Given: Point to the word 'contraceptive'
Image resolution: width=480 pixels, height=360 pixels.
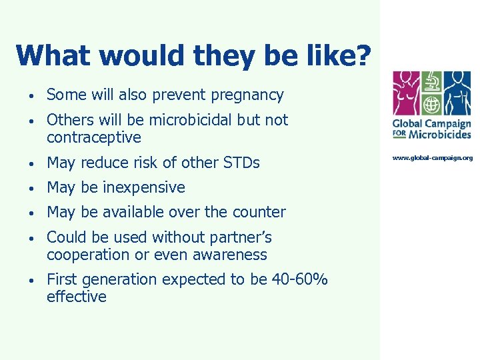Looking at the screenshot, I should pyautogui.click(x=94, y=137).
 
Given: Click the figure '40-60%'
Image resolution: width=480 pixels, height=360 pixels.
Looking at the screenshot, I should pyautogui.click(x=299, y=279).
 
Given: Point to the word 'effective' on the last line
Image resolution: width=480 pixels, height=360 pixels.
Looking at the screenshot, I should pyautogui.click(x=77, y=297).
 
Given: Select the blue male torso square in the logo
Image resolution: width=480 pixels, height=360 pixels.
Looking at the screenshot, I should pyautogui.click(x=457, y=94).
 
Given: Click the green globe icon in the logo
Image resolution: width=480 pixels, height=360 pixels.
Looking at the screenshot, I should pyautogui.click(x=431, y=106).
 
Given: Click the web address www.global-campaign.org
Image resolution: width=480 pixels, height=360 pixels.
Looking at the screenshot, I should pyautogui.click(x=432, y=158).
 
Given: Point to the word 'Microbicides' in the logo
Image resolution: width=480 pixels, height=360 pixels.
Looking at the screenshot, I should pyautogui.click(x=439, y=134).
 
